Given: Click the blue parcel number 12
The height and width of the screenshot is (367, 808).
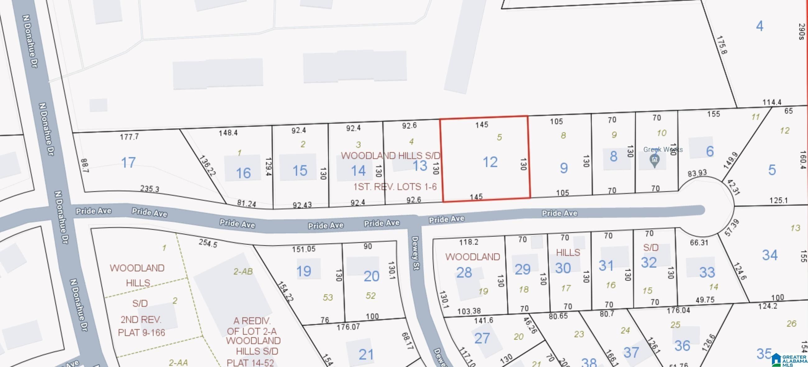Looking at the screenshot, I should pos(490,162).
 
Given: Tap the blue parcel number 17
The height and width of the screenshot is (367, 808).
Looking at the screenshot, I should pos(128,163).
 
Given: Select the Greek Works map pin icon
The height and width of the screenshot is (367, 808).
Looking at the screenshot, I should pos(654,161).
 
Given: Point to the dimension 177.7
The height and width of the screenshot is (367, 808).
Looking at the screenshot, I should pos(129,137).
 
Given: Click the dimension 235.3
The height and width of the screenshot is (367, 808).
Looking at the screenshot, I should pos(149,189).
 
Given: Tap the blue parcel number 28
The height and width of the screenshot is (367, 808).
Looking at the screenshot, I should pos(464,273).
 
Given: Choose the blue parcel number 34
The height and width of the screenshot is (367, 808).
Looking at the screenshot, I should pos(770,255).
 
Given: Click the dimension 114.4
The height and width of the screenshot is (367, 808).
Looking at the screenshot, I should pos(772,102).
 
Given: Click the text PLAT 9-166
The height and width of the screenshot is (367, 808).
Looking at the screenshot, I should pos(141,333).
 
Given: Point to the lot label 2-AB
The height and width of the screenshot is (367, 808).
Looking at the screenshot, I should pos(243,271).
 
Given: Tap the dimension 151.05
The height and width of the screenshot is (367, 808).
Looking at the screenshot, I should pos(304,249).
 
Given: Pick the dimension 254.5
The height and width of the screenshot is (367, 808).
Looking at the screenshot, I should pos(208,243).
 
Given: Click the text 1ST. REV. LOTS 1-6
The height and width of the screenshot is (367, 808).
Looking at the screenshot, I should pos(395,187).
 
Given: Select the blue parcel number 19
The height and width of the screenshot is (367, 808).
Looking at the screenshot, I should pos(304,271).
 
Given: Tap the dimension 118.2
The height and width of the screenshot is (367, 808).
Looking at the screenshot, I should pos(469,242).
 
